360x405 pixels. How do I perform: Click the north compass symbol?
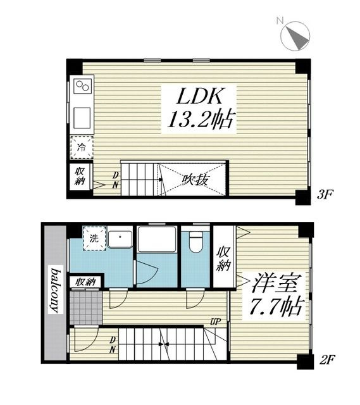(295, 35)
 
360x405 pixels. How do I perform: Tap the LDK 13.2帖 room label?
(199, 109)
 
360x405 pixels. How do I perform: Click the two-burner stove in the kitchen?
(83, 86)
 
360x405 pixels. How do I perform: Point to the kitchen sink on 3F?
(82, 118)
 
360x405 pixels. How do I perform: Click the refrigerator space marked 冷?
(82, 147)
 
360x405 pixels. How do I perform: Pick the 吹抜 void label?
(195, 180)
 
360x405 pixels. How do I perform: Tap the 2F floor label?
(327, 359)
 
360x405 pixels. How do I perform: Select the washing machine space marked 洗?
(94, 238)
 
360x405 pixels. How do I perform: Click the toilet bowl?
(196, 242)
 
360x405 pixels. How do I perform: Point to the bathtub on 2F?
(157, 239)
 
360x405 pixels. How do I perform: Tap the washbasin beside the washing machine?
(120, 239)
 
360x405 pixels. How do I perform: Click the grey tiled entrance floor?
(86, 308)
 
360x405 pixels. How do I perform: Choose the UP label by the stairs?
(215, 322)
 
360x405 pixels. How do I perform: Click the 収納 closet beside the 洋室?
(223, 256)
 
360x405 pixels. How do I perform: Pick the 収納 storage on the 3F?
(80, 176)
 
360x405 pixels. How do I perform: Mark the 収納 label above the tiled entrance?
(86, 282)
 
